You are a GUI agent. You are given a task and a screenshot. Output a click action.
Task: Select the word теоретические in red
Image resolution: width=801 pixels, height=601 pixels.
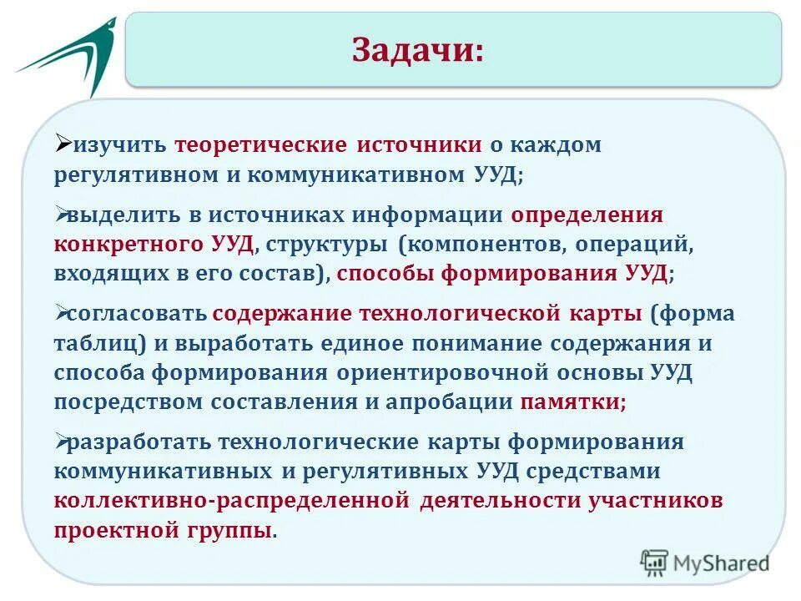(x=260, y=144)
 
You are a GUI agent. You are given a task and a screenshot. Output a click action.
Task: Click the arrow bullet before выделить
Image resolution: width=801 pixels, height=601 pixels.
(x=63, y=213)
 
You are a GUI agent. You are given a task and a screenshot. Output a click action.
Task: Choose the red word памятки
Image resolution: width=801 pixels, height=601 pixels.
(x=572, y=402)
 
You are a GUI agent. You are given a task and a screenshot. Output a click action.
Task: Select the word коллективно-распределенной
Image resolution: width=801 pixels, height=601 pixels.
(x=233, y=501)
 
